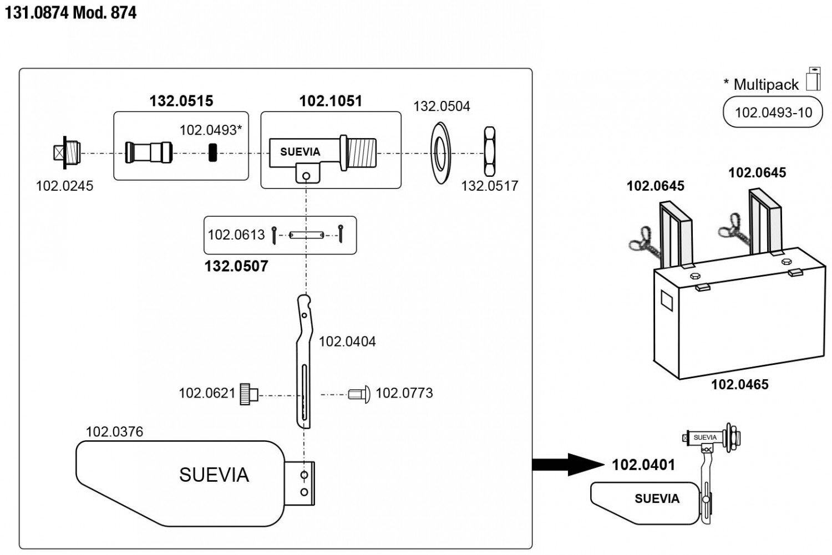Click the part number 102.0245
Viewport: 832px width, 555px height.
[64, 186]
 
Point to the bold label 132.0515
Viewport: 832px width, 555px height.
[181, 101]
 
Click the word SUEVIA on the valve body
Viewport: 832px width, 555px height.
[300, 152]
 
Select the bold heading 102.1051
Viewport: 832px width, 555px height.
[331, 101]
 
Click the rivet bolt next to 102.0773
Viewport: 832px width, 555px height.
[359, 394]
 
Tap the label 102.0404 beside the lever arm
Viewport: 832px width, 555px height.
[347, 342]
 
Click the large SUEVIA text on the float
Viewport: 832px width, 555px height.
[214, 475]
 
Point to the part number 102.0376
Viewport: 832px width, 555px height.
[114, 431]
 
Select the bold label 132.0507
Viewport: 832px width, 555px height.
[236, 266]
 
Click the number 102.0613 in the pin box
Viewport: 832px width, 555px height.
[236, 235]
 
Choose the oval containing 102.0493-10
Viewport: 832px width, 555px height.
[773, 113]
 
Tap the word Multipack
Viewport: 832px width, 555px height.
[766, 85]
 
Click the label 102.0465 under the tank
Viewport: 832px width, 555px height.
[740, 385]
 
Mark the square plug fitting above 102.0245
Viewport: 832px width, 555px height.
[67, 152]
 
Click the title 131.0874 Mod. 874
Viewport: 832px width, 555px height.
[70, 13]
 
